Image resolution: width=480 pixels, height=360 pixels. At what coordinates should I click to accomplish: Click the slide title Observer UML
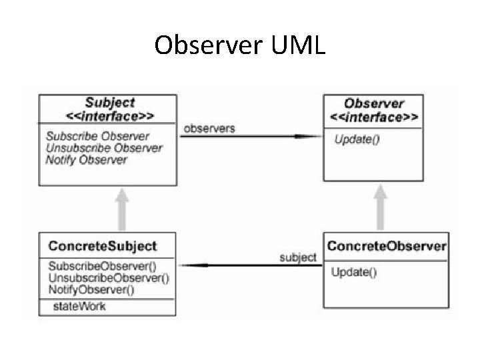239,45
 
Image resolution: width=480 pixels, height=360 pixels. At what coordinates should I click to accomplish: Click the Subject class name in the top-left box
109,103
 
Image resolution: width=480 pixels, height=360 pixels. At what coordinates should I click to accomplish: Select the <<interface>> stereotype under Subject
109,115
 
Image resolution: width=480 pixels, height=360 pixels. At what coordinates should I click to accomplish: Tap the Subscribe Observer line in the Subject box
97,136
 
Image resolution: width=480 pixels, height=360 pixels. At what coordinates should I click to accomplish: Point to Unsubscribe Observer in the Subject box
104,148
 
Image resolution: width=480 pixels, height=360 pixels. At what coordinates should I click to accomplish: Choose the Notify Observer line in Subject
86,160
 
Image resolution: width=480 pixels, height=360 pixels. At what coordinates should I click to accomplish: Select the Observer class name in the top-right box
373,103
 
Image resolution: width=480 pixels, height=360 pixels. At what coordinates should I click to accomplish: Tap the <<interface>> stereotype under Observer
373,117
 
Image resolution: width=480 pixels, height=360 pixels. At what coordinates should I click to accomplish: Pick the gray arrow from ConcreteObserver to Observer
380,207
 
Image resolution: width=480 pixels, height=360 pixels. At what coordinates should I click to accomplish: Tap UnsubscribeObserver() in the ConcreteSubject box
108,278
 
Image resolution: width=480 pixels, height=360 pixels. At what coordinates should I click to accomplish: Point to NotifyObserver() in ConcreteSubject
91,289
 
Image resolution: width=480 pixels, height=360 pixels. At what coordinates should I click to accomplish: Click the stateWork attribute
79,307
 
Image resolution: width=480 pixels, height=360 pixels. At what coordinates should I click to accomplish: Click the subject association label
297,257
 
